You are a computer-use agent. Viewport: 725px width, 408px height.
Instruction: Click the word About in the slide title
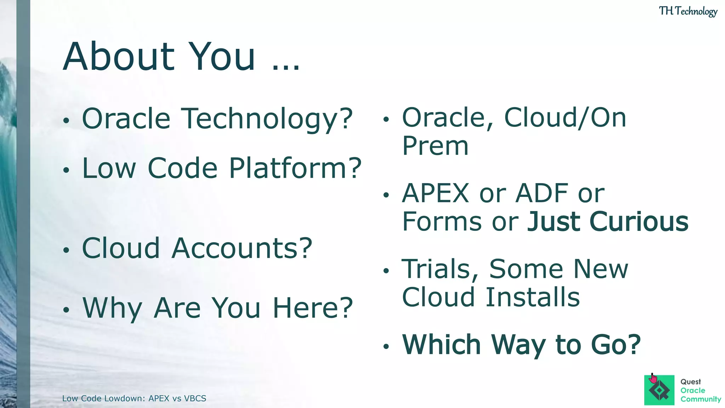119,56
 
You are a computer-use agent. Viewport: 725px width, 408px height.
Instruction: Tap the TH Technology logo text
688,11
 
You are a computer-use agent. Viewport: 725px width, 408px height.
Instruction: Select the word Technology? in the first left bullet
267,119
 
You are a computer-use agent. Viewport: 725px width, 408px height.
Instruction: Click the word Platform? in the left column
295,168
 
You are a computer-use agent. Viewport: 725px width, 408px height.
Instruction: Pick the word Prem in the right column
435,146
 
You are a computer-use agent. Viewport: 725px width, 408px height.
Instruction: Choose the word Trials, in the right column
440,269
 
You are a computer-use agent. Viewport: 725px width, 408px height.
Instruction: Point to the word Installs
532,297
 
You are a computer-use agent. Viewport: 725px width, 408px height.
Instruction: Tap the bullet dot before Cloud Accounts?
66,250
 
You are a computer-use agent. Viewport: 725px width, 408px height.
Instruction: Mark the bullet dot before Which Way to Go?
386,346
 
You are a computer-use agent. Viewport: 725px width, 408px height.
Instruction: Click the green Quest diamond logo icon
659,391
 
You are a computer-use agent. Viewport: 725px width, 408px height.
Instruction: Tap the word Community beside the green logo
701,399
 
